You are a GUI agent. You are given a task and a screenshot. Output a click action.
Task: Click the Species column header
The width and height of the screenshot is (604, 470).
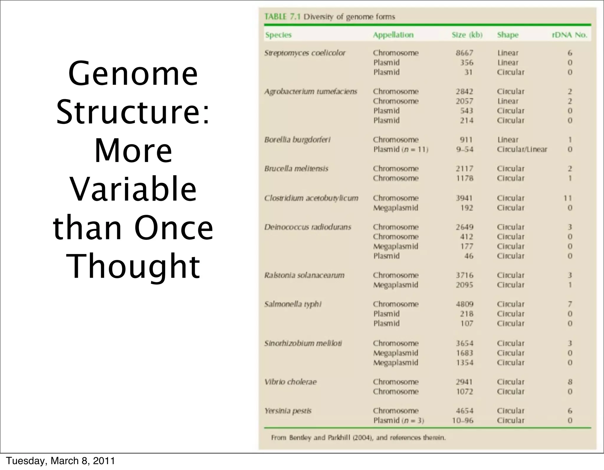click(x=278, y=35)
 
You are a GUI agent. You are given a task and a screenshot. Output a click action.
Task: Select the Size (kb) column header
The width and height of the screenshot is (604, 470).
click(x=467, y=35)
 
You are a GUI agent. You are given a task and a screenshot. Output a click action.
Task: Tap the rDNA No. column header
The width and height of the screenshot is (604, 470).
click(x=569, y=35)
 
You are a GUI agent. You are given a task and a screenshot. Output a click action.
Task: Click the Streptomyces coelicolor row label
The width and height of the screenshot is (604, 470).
click(x=305, y=53)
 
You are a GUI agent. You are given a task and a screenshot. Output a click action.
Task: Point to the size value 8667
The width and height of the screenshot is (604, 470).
click(x=464, y=53)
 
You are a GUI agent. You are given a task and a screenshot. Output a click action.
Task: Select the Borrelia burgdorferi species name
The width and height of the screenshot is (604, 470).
click(x=297, y=140)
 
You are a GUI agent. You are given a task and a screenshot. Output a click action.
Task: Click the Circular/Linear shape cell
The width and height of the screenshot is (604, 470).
click(x=522, y=149)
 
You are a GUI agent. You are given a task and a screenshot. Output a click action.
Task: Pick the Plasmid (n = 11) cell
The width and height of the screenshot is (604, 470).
click(x=401, y=149)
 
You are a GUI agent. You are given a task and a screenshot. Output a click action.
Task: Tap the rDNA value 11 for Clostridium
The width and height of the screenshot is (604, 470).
click(x=567, y=198)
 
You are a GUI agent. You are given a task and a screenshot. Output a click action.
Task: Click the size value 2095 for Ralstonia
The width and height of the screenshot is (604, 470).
click(x=464, y=285)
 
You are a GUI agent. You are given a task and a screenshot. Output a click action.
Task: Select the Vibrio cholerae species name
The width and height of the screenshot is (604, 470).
click(x=290, y=382)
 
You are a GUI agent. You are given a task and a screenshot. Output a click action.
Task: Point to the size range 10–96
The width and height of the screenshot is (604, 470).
click(x=462, y=420)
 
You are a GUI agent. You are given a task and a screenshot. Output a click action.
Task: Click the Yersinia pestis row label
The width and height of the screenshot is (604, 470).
click(x=288, y=411)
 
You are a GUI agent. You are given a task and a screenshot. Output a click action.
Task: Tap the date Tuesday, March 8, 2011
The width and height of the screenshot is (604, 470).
click(x=60, y=461)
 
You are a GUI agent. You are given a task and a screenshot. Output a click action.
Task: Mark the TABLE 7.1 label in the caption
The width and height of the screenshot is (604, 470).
click(x=282, y=17)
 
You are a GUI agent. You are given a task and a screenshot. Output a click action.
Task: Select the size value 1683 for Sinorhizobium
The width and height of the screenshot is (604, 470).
click(x=464, y=353)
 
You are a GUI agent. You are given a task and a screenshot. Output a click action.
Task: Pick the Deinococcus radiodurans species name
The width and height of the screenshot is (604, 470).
click(x=307, y=227)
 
